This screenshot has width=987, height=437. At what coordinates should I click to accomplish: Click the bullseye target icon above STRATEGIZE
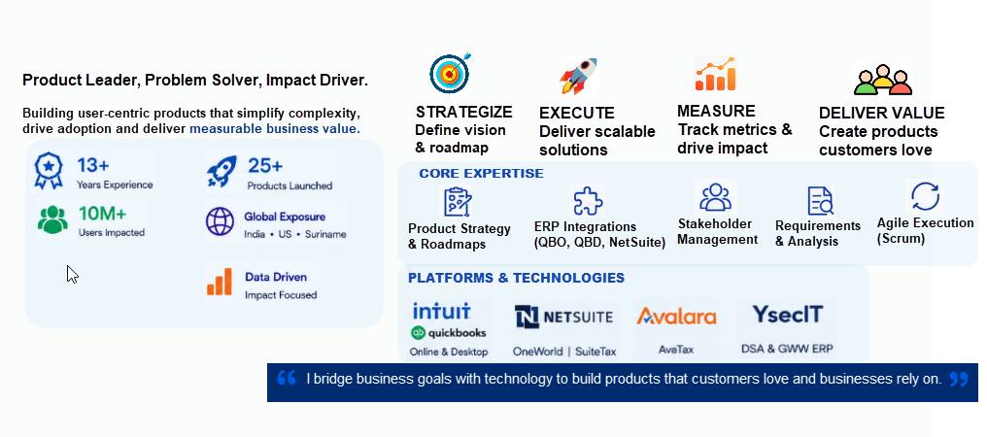click(450, 73)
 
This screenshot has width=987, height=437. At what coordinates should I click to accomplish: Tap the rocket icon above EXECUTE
click(578, 76)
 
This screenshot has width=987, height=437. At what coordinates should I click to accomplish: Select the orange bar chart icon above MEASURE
click(715, 75)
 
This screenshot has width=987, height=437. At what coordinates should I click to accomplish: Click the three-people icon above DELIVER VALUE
click(882, 80)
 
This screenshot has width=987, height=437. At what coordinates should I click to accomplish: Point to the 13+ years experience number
click(93, 166)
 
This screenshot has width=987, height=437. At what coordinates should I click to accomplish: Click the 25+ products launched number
click(265, 166)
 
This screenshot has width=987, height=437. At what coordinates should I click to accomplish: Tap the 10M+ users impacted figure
click(103, 214)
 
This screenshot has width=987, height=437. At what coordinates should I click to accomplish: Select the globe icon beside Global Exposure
click(220, 221)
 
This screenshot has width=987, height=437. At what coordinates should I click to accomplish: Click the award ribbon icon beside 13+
click(49, 171)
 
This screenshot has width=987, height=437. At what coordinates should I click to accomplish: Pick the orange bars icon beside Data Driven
click(220, 282)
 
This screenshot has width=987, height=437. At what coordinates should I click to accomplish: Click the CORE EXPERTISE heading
click(481, 174)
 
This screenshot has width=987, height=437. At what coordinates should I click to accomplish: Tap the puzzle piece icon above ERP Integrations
click(588, 201)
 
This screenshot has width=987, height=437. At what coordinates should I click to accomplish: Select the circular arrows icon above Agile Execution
click(925, 196)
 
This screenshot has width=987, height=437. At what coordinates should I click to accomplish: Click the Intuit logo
click(442, 311)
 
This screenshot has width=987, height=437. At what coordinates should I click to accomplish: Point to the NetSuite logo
click(563, 317)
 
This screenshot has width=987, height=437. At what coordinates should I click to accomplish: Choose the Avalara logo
click(677, 316)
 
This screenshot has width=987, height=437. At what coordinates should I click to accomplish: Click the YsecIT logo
click(788, 315)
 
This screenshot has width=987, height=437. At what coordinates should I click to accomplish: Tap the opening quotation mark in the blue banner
click(287, 378)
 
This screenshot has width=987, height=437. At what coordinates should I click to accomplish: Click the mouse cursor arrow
click(73, 275)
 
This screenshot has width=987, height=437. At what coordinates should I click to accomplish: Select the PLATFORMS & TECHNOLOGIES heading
click(516, 278)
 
